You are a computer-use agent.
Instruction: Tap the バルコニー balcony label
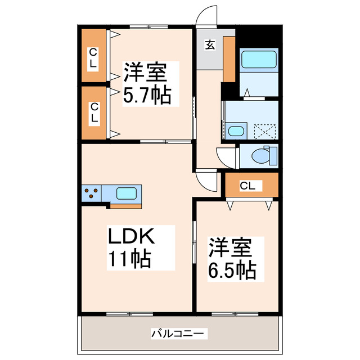point(179,334)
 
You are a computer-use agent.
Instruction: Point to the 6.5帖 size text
point(232,271)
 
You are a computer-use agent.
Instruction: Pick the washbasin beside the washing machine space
point(236,132)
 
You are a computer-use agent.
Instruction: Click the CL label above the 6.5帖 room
point(247,185)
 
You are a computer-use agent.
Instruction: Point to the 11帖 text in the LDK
point(128,259)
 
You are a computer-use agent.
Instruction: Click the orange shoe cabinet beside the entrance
point(229,59)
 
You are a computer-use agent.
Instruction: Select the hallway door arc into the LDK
point(207,180)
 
